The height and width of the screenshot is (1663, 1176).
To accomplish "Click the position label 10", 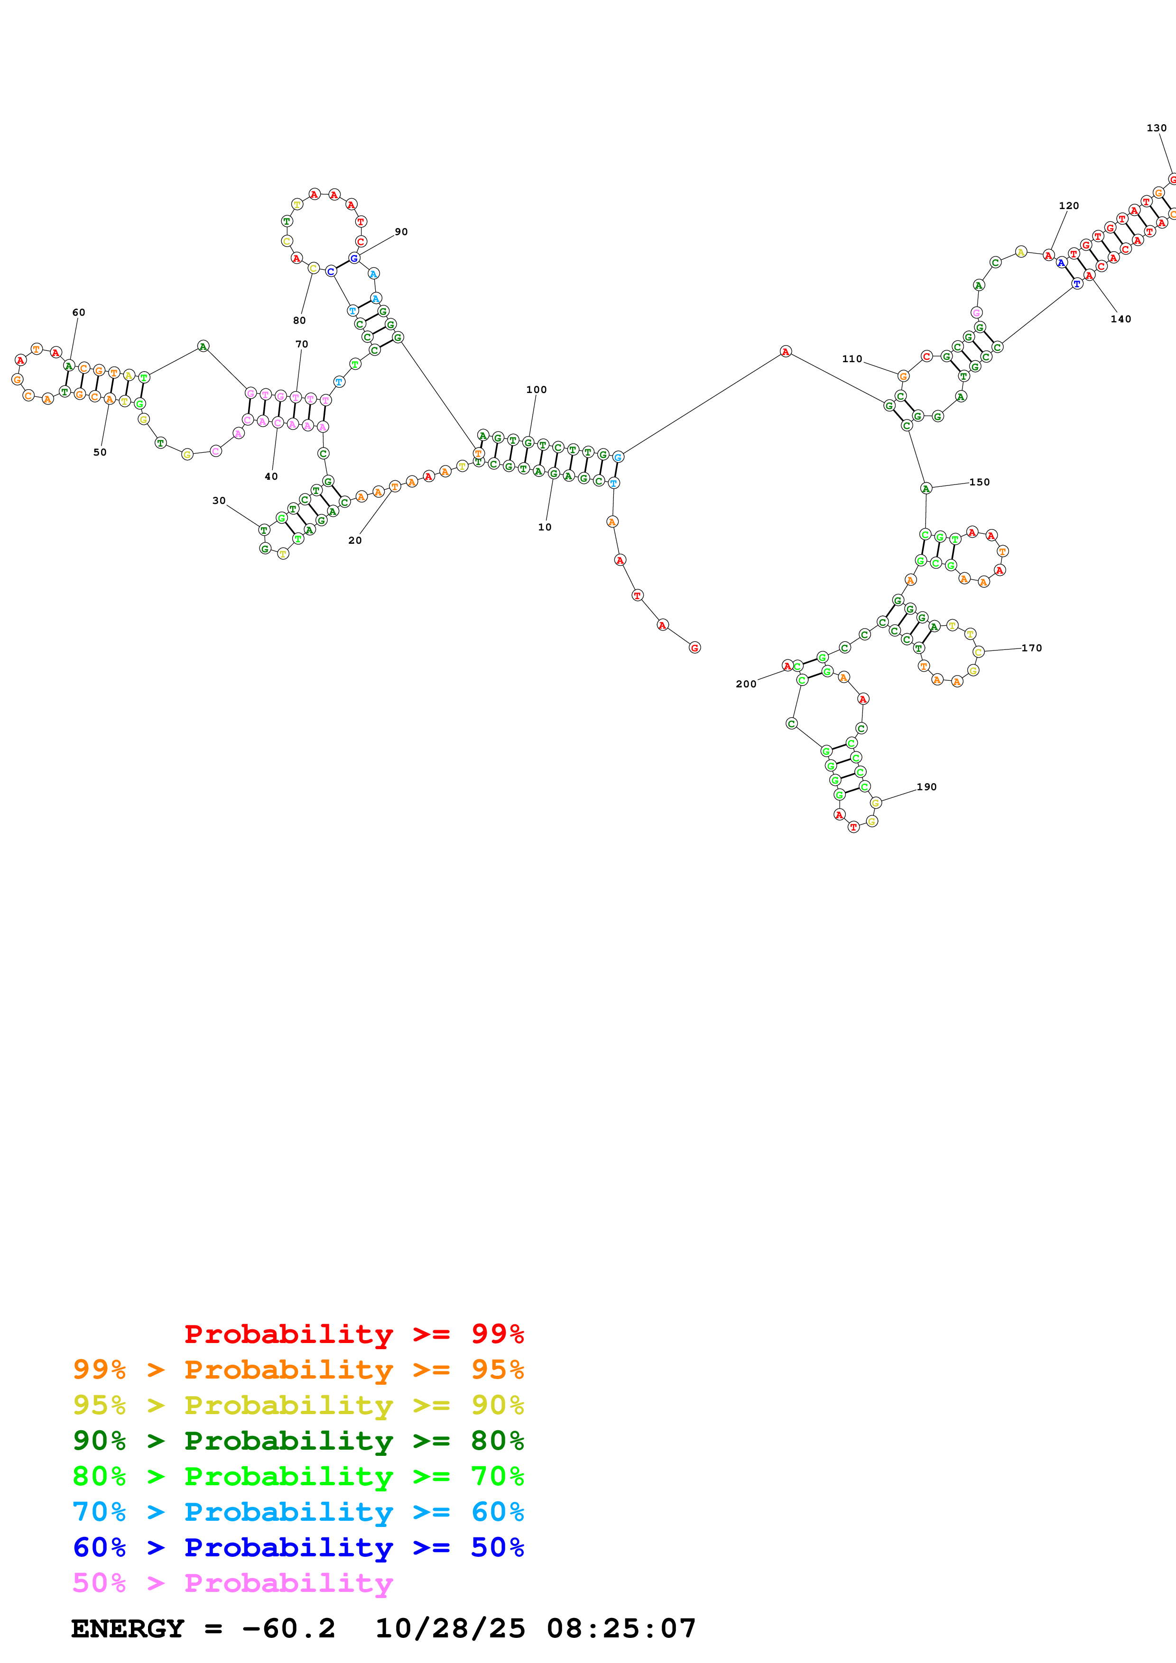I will (544, 527).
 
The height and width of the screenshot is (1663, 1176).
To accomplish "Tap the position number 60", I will (78, 313).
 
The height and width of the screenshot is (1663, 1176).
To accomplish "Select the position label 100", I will (536, 390).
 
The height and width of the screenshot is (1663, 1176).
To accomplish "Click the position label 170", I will (1032, 648).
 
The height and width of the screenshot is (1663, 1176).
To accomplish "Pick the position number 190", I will (927, 787).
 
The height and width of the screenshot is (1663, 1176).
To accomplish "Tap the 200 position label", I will (746, 685).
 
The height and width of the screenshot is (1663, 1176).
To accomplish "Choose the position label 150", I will (980, 483).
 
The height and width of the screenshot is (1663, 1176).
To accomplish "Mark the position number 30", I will (219, 501).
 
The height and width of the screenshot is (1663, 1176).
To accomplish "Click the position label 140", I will (1120, 320).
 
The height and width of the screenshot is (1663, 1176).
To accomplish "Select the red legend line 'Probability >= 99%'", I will (353, 1334).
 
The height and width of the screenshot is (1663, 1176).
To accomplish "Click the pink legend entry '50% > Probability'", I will (232, 1583).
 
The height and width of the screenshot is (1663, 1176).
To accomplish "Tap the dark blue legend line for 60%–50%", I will (298, 1548).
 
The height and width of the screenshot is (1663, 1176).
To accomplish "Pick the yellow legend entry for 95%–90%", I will (298, 1405).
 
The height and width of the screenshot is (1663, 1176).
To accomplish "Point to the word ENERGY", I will (128, 1629).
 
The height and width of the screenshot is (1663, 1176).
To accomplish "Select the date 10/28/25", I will (450, 1629).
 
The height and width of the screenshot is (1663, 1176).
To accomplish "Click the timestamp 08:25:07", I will (621, 1629).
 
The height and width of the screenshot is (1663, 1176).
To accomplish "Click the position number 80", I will (299, 321).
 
